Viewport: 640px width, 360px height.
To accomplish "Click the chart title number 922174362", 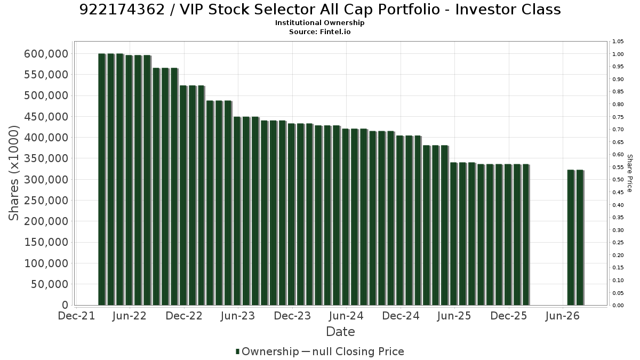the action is point(122,10).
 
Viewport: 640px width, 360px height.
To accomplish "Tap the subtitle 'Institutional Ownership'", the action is point(319,23).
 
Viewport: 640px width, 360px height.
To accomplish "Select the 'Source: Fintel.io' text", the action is point(319,31).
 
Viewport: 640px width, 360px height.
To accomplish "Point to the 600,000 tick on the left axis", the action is point(46,54).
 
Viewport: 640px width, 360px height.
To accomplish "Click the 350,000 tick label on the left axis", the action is point(46,158).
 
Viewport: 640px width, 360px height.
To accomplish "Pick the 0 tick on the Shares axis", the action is point(66,305).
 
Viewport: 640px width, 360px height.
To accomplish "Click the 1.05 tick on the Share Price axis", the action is point(618,42).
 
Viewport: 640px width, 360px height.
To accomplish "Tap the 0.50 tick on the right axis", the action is point(618,179).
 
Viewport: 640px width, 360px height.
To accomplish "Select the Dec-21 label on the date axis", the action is point(76,316).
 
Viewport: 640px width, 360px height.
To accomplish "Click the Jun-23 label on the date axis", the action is point(238,316).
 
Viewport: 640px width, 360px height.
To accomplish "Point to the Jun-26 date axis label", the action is point(562,316).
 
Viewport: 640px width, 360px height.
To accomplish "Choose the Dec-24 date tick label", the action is point(401,316).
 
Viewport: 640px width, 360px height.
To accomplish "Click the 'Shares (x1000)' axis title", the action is point(13,173).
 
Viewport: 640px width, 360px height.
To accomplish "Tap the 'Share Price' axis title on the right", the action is point(630,173).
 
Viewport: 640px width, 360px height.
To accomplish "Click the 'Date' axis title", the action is point(340,332).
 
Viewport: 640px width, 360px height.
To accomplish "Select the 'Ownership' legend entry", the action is point(267,351).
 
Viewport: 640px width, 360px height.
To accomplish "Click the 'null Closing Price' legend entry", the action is point(358,351).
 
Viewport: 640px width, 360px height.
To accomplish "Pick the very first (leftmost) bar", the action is point(102,179).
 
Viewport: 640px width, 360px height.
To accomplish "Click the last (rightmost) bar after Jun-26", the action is point(580,238).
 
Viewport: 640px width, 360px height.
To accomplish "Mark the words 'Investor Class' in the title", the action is point(508,10).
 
